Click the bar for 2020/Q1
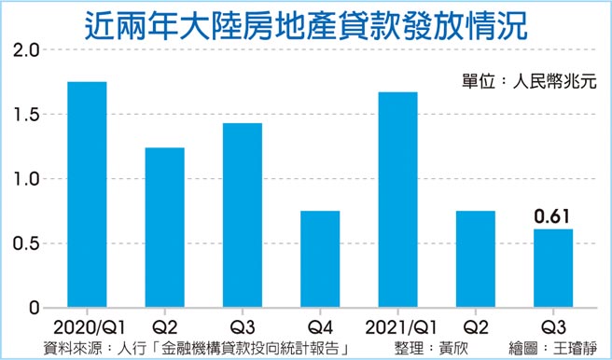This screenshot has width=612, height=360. click(87, 195)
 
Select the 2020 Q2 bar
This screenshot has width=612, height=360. click(164, 228)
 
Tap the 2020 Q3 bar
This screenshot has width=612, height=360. click(242, 215)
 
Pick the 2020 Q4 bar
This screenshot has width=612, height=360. click(320, 259)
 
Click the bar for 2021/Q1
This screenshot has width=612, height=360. click(397, 200)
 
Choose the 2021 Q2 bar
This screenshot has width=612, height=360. click(475, 259)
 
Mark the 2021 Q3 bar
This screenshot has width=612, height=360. click(552, 268)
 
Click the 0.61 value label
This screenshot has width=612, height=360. click(552, 217)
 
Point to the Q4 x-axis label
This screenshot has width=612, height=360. click(320, 327)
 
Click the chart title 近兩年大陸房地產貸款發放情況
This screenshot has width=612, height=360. click(307, 21)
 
